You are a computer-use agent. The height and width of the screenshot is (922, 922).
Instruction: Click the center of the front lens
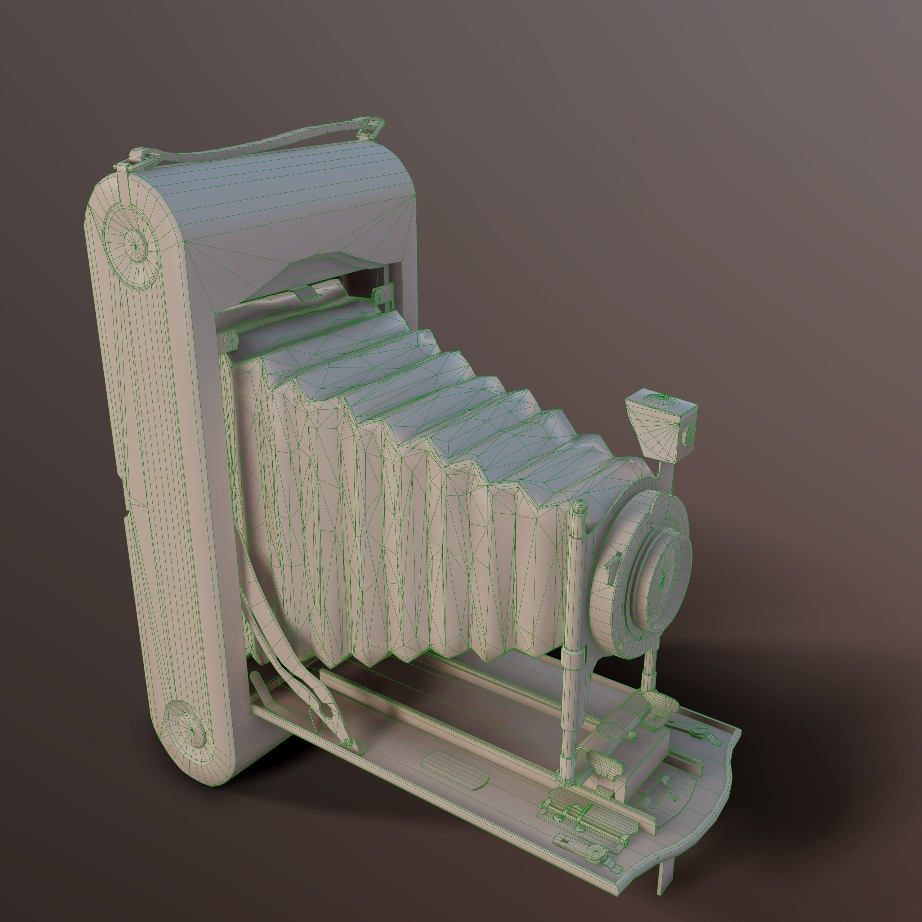(x=663, y=580)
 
